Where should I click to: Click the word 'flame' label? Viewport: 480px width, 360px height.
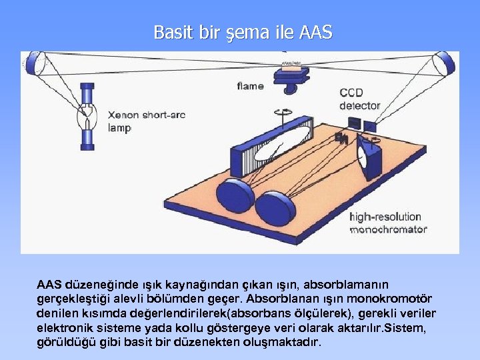pos(250,86)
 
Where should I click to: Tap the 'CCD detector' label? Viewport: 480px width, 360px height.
pos(359,99)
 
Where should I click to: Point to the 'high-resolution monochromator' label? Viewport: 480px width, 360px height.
pos(388,223)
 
